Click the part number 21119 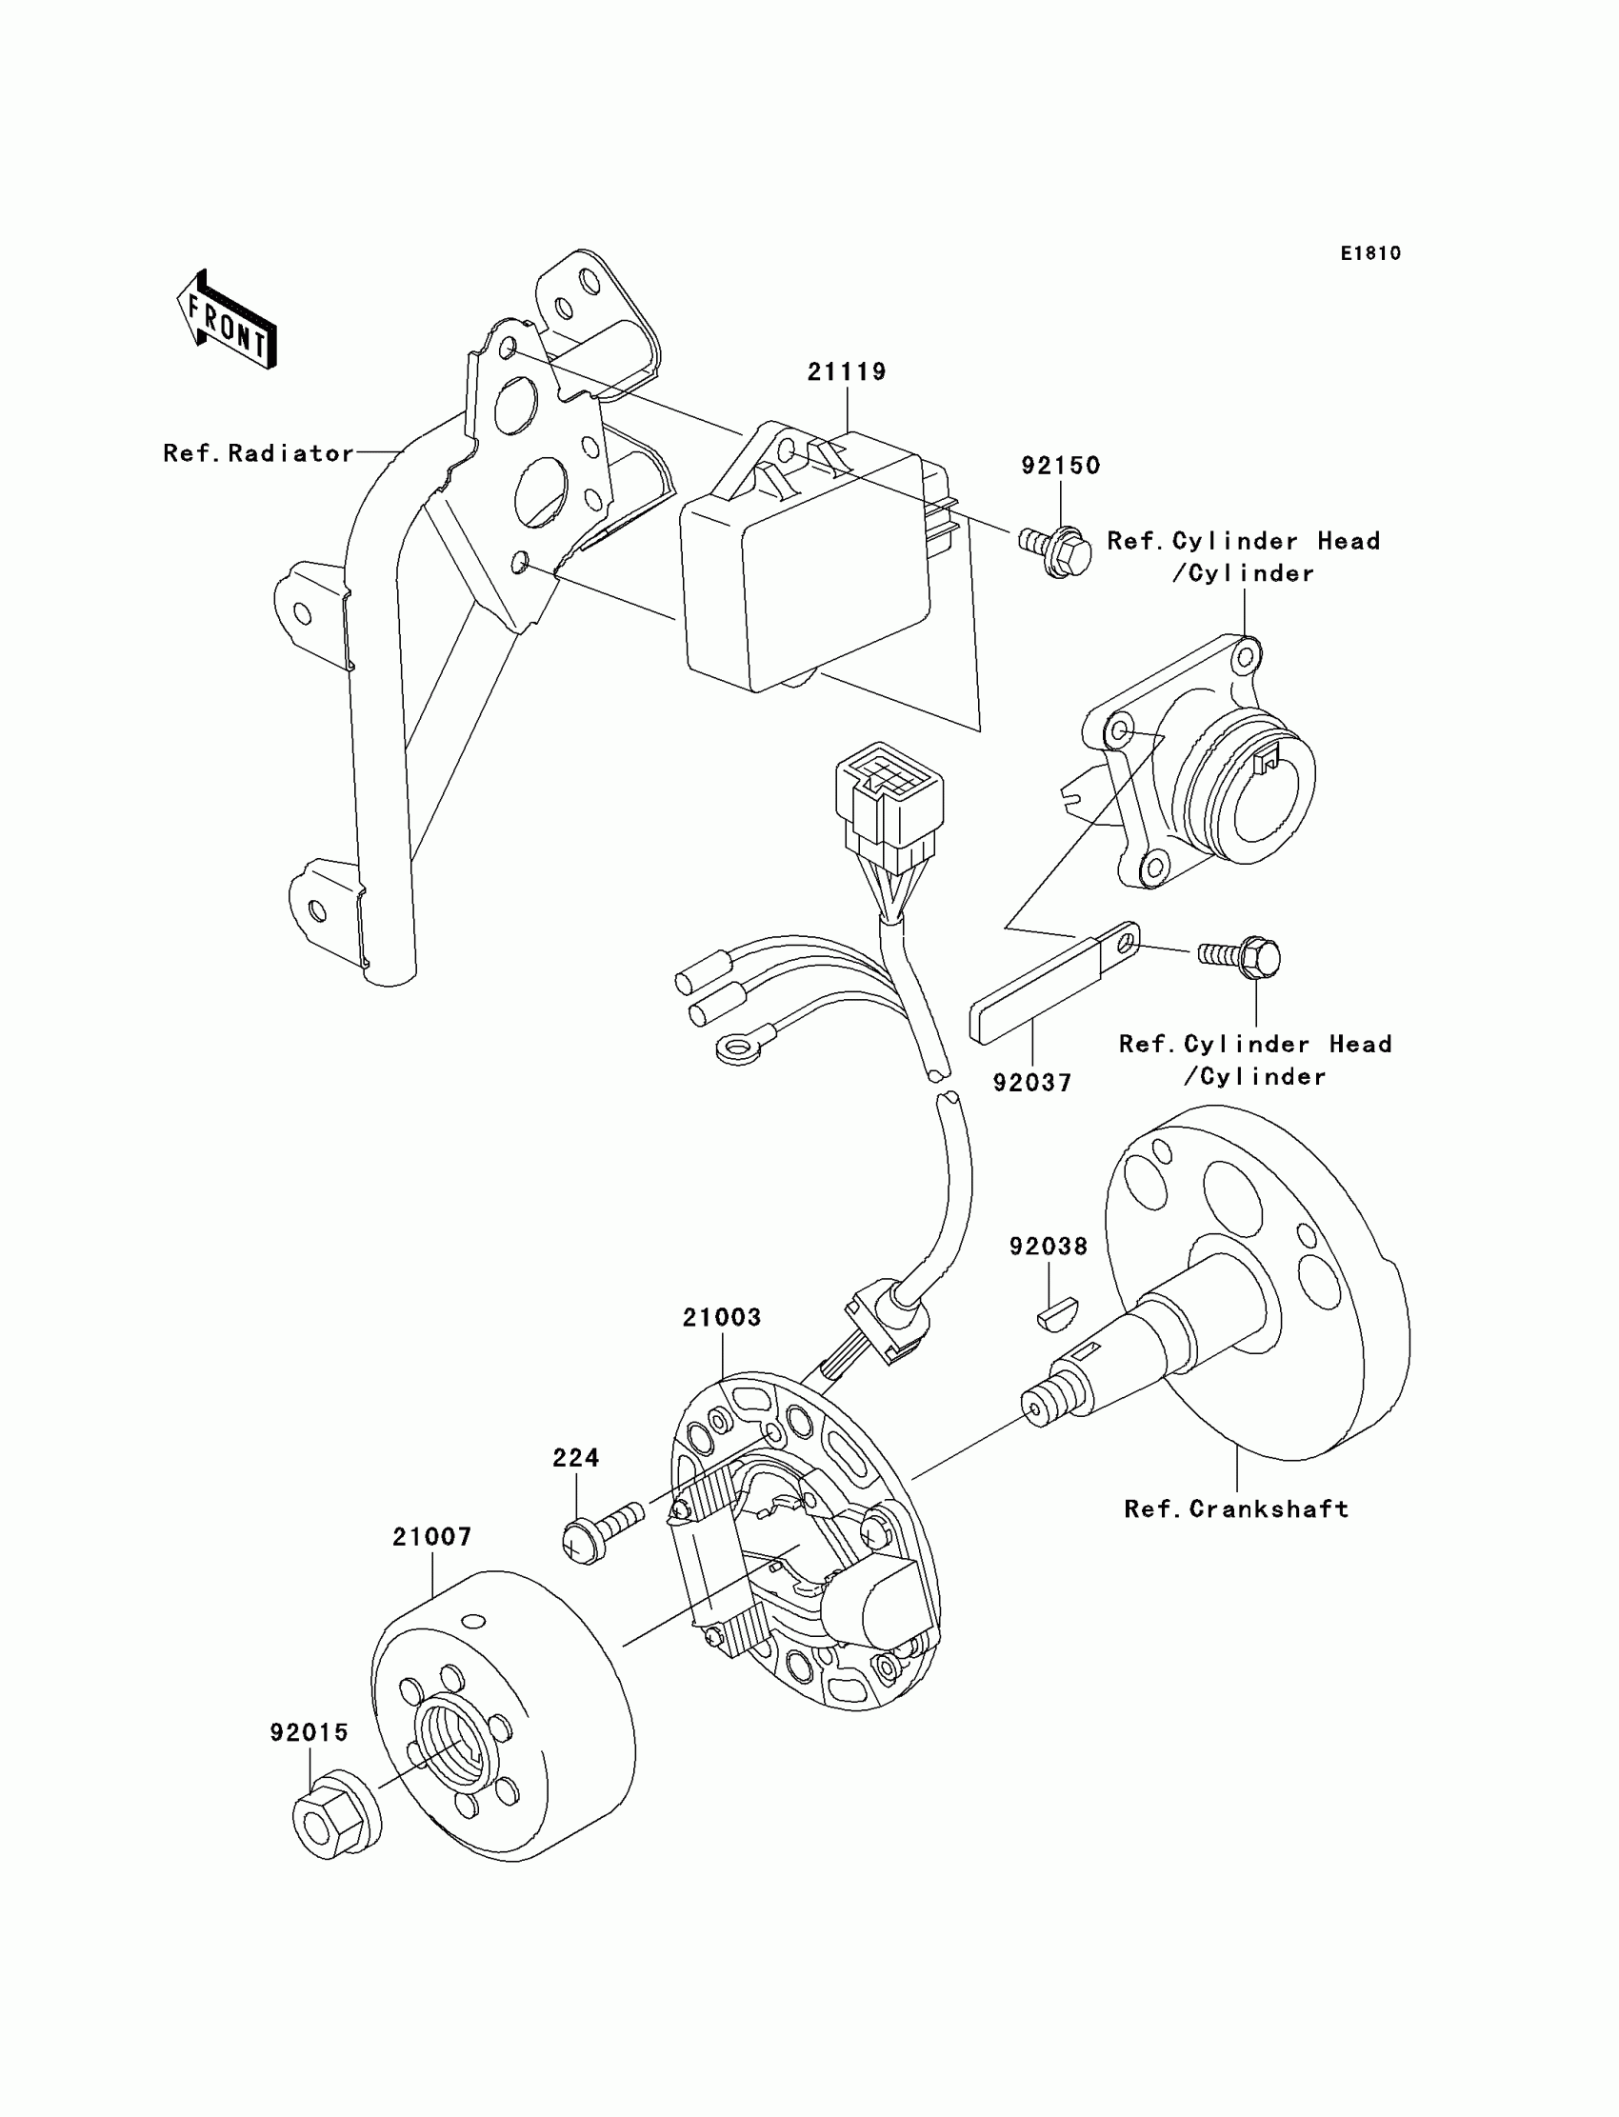tap(846, 372)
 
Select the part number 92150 tap(1060, 466)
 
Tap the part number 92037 tap(1032, 1083)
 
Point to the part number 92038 tap(1049, 1246)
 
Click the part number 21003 tap(722, 1317)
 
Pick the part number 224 tap(575, 1458)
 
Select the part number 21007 tap(431, 1537)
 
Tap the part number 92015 tap(309, 1732)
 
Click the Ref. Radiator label tap(258, 453)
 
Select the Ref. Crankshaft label tap(1236, 1509)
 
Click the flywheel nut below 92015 tap(333, 1821)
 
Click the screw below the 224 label tap(601, 1532)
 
